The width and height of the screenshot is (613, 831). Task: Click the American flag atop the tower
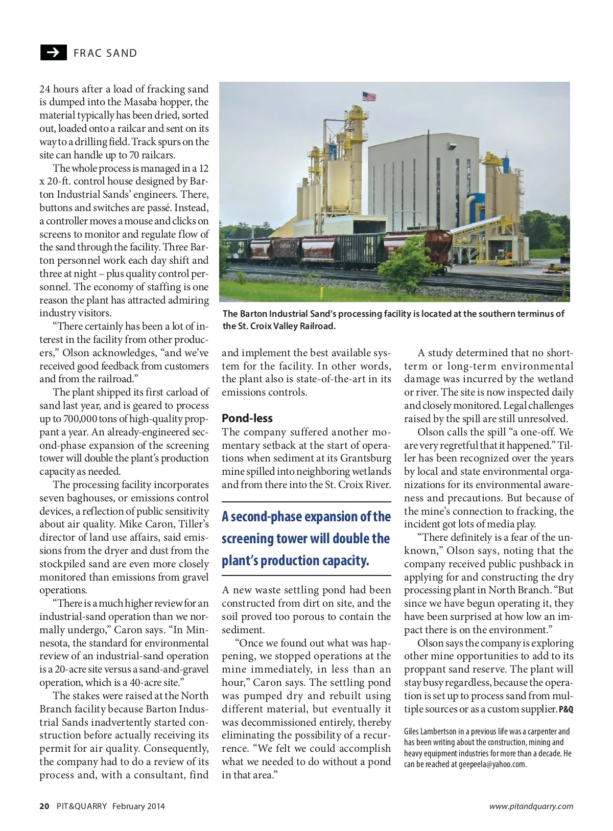(369, 96)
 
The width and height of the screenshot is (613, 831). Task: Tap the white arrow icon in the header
(53, 53)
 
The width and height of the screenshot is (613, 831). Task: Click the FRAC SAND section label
(105, 53)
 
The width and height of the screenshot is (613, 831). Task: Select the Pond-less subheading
(247, 418)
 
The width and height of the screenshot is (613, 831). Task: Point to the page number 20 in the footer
(44, 806)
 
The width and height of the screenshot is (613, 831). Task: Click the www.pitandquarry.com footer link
(531, 806)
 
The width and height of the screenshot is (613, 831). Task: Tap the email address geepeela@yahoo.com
(492, 765)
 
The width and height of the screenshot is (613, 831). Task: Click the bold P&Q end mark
(566, 710)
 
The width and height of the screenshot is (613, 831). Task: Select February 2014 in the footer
(138, 806)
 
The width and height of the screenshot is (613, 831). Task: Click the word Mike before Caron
(132, 524)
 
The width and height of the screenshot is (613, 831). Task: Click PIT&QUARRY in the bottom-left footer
(82, 806)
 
